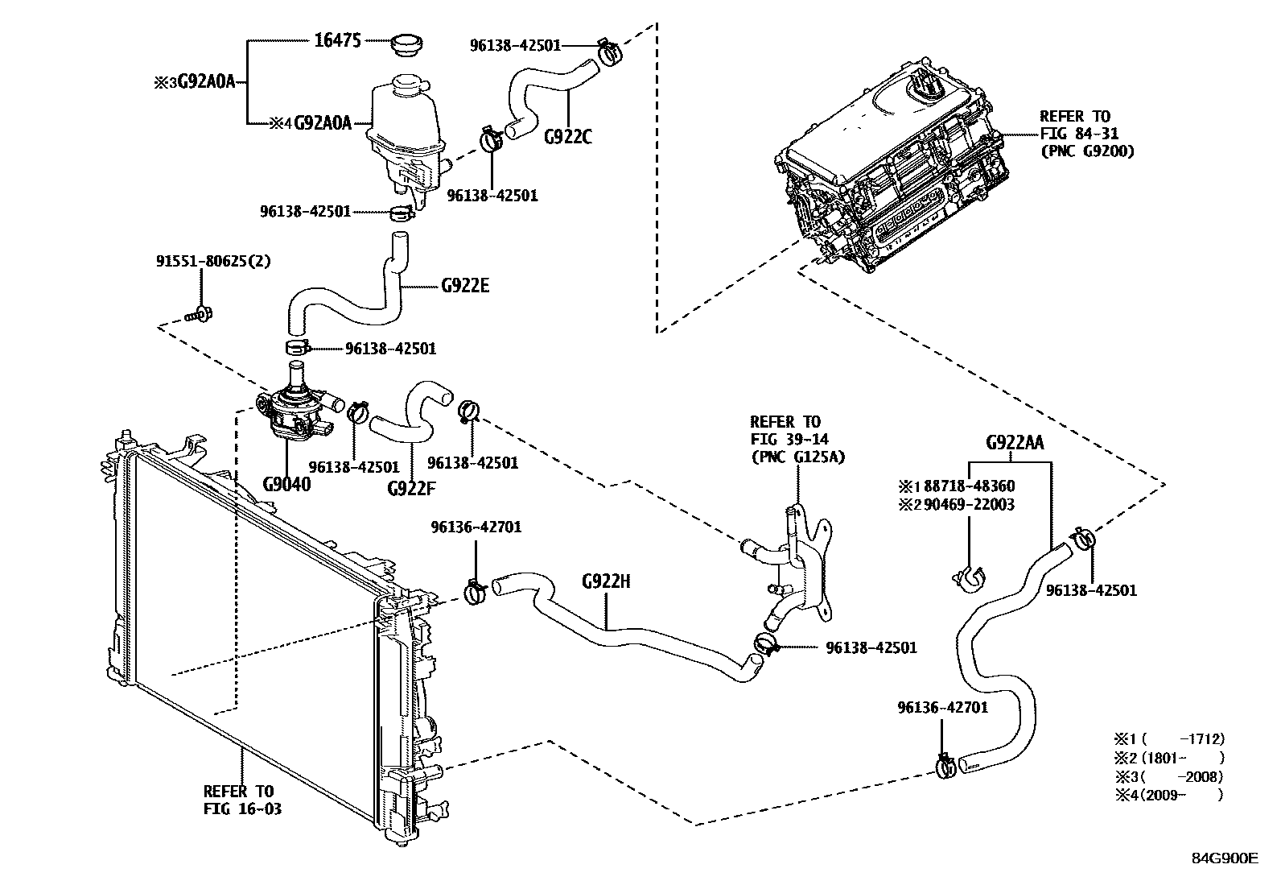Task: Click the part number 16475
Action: (x=339, y=40)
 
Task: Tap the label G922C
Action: (x=567, y=137)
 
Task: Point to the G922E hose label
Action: (x=465, y=285)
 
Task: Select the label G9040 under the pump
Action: (x=286, y=484)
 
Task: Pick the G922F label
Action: (x=411, y=487)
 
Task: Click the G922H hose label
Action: (x=606, y=581)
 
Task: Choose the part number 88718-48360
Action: (x=969, y=486)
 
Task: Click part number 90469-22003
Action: (x=969, y=505)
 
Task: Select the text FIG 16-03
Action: (x=242, y=808)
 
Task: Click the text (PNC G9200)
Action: (x=1086, y=151)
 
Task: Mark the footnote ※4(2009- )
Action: (x=1168, y=796)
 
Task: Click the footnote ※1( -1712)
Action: (x=1168, y=738)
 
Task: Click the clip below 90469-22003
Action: (x=970, y=574)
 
